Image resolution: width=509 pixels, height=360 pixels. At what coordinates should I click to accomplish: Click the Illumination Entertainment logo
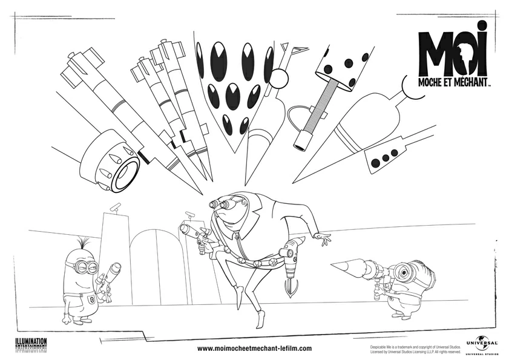click(x=30, y=343)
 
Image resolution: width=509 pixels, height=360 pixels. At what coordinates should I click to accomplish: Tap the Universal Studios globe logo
click(x=482, y=343)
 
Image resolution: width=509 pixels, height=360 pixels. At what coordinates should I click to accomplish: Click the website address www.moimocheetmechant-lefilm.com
click(x=255, y=349)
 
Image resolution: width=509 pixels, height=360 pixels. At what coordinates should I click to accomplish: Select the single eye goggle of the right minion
click(x=402, y=272)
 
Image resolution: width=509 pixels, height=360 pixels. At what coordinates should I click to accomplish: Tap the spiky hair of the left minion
click(x=79, y=246)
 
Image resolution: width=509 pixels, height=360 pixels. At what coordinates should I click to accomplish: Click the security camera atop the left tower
click(x=114, y=207)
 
